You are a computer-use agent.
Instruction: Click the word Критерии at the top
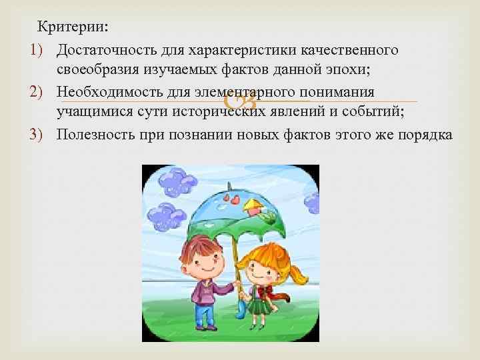[x=73, y=27]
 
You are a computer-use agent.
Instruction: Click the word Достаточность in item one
[x=98, y=50]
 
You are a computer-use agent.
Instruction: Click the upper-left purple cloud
[x=179, y=181]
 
